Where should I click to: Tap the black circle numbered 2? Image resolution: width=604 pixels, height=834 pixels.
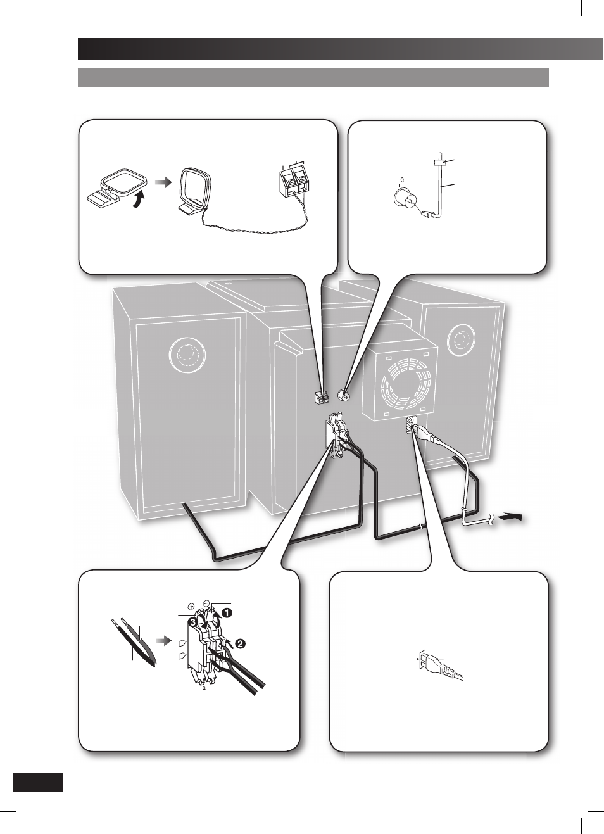(x=241, y=643)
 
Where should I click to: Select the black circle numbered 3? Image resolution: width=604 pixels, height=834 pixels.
(x=192, y=622)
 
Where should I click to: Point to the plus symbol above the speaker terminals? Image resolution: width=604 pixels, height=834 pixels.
(x=191, y=607)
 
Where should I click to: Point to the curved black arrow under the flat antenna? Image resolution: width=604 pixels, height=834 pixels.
(x=139, y=201)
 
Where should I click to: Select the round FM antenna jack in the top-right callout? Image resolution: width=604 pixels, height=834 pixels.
(x=404, y=198)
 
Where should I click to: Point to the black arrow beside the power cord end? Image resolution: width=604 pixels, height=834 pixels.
(x=511, y=517)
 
